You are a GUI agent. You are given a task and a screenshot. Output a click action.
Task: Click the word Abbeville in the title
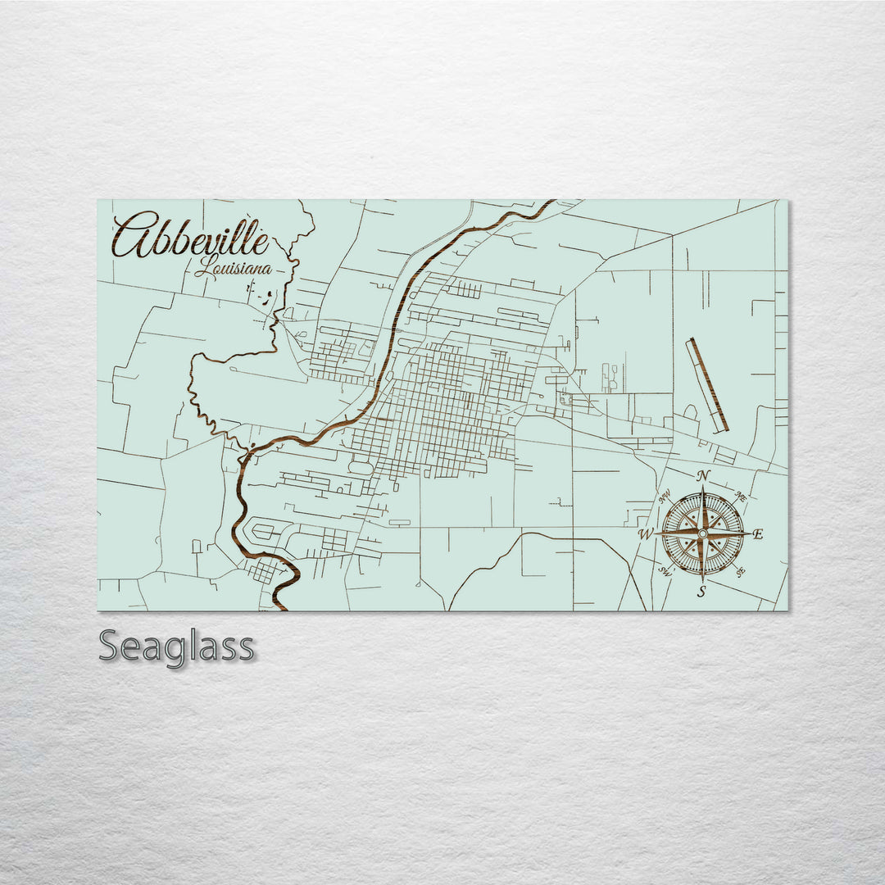(x=190, y=235)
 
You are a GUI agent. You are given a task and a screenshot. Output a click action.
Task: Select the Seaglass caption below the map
(x=176, y=647)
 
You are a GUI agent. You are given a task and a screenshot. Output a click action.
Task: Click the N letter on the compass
(x=702, y=476)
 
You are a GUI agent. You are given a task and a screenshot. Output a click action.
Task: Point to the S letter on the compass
(x=701, y=592)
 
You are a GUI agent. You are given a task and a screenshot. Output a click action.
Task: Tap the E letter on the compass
(x=758, y=534)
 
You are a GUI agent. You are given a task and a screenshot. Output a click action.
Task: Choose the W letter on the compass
(x=646, y=535)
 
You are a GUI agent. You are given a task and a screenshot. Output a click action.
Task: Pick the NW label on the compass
(x=665, y=495)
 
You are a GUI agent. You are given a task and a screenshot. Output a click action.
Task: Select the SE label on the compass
(x=740, y=572)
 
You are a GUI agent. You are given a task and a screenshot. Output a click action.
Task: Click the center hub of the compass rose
(x=702, y=533)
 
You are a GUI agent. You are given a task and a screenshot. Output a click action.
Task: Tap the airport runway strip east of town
(x=708, y=384)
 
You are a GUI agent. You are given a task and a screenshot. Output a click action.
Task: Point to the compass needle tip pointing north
(x=702, y=488)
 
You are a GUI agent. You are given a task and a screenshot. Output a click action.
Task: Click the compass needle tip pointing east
(x=747, y=533)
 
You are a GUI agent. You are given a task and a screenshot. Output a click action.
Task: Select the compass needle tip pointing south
(x=702, y=579)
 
